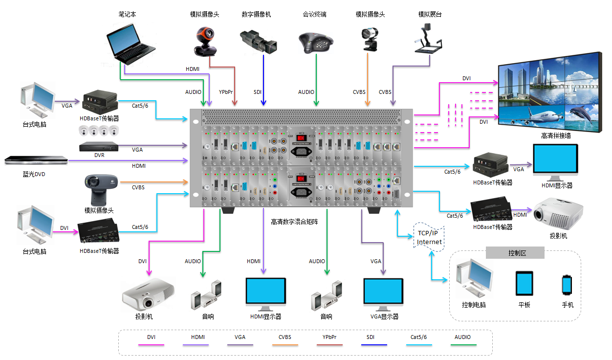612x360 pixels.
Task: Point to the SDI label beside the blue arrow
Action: click(x=258, y=92)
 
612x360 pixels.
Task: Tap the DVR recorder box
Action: click(x=99, y=146)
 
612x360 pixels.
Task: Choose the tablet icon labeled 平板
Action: click(x=524, y=283)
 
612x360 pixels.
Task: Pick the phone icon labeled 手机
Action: click(x=567, y=285)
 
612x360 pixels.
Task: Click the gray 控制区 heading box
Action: click(x=515, y=253)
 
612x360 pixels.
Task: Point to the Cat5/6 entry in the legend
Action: click(x=418, y=337)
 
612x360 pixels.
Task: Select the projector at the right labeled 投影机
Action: click(x=558, y=214)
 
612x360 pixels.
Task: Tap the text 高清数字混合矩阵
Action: click(x=294, y=222)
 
